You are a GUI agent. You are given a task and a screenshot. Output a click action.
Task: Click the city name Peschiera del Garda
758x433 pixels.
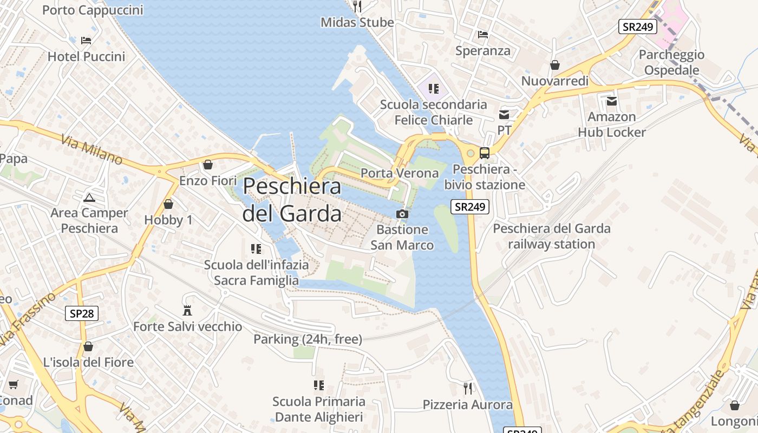click(x=292, y=200)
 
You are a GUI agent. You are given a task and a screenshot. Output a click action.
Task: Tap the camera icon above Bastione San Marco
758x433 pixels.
click(x=402, y=214)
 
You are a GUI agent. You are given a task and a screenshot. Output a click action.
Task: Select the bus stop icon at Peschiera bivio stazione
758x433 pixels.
click(x=485, y=153)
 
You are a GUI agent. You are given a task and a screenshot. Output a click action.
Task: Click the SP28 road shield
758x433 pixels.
click(x=82, y=313)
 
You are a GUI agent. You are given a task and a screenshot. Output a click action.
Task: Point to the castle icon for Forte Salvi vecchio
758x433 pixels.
click(x=187, y=311)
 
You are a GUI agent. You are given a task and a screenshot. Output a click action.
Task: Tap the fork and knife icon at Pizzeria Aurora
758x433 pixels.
click(x=468, y=388)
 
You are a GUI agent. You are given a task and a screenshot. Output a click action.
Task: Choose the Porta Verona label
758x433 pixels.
click(x=400, y=173)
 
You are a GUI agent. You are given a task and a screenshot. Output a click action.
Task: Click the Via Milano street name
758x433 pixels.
click(x=92, y=149)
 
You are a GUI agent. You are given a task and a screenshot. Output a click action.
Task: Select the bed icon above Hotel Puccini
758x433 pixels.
click(x=86, y=41)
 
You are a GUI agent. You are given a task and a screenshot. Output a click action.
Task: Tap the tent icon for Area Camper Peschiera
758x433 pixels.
click(x=90, y=198)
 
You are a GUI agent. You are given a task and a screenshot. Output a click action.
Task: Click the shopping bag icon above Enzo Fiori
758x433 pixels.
click(x=208, y=165)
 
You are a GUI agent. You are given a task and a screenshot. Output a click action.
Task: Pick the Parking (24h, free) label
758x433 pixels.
click(x=308, y=339)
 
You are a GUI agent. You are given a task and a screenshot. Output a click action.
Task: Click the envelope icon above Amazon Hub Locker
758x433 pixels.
click(x=612, y=101)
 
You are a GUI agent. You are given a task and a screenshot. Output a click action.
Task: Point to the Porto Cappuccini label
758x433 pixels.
click(x=93, y=10)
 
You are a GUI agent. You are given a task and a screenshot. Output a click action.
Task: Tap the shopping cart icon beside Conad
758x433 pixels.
click(x=14, y=385)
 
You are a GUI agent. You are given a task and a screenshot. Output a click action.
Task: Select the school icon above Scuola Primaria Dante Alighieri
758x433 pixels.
click(x=319, y=385)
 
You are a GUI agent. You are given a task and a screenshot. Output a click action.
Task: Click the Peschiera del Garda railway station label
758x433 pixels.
click(x=551, y=236)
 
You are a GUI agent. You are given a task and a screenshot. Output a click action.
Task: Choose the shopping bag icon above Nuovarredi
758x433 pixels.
click(x=554, y=65)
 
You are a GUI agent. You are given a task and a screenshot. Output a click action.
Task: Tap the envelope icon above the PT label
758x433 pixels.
click(x=504, y=114)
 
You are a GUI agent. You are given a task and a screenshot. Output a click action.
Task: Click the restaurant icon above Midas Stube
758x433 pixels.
click(x=357, y=6)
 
